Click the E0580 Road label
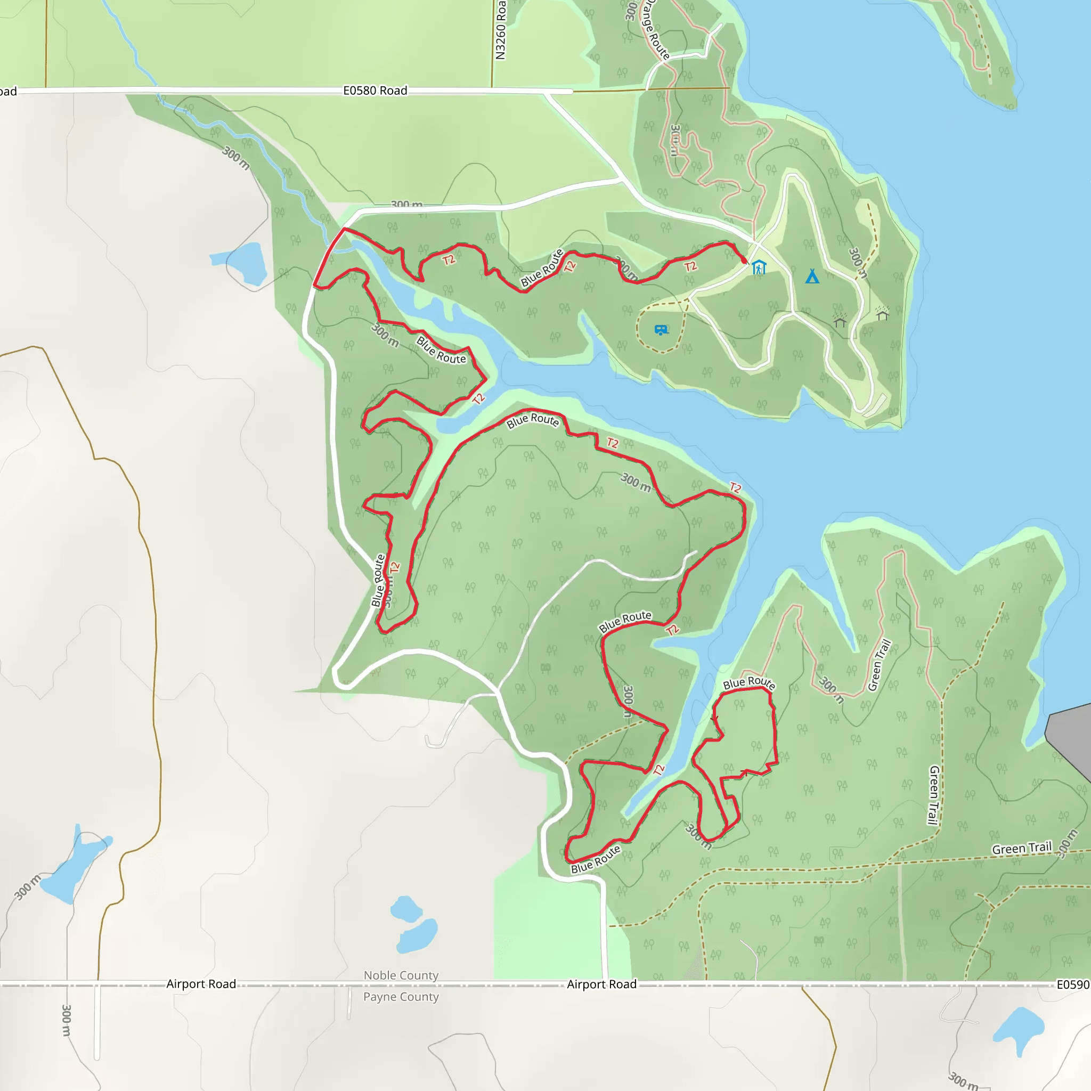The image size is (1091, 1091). click(375, 91)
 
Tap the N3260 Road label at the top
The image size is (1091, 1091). click(500, 29)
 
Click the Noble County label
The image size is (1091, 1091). click(401, 975)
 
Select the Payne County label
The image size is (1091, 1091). click(401, 997)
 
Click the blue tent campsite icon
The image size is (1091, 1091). click(812, 276)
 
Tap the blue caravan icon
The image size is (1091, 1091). click(661, 330)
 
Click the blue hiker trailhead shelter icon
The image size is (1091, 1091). click(759, 267)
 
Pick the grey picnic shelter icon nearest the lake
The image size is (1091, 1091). click(882, 313)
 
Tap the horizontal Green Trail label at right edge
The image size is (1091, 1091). click(1022, 849)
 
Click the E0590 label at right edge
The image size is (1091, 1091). click(1072, 985)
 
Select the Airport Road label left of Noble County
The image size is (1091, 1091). click(201, 984)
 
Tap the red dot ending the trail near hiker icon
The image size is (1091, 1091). click(744, 260)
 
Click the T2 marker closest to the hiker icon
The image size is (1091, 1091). click(690, 266)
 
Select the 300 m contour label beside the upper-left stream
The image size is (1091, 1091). click(235, 158)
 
